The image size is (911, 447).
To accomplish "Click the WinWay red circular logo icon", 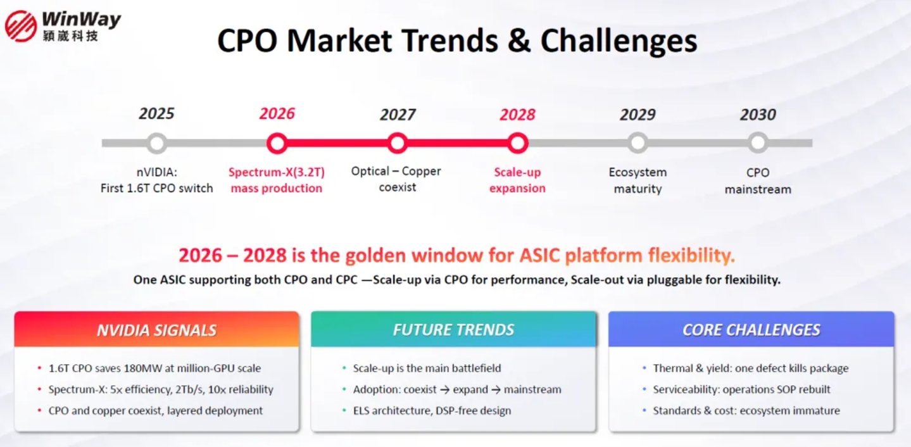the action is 21,26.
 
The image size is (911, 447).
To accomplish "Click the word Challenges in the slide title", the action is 619,42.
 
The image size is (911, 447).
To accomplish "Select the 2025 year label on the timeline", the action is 156,113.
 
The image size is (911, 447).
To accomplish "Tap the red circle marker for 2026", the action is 277,143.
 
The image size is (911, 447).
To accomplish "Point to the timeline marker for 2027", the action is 398,143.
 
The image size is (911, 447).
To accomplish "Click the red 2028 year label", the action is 517,115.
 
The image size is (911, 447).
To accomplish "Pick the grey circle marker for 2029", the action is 638,142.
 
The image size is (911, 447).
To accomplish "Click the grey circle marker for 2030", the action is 758,142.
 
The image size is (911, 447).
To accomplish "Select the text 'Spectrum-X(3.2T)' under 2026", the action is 277,172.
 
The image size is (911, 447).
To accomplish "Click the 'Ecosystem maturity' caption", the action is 638,180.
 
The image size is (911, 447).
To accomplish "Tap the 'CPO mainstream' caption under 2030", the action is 758,181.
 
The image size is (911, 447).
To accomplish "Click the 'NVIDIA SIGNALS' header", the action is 156,330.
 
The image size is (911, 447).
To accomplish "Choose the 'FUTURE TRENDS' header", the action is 453,329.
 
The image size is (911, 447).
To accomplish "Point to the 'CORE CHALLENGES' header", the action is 751,330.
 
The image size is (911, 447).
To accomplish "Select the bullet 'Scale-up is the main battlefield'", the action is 427,368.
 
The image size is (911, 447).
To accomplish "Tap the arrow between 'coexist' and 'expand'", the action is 444,390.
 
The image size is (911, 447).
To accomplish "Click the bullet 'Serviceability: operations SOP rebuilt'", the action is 741,389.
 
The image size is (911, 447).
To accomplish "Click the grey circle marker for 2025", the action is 156,143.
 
